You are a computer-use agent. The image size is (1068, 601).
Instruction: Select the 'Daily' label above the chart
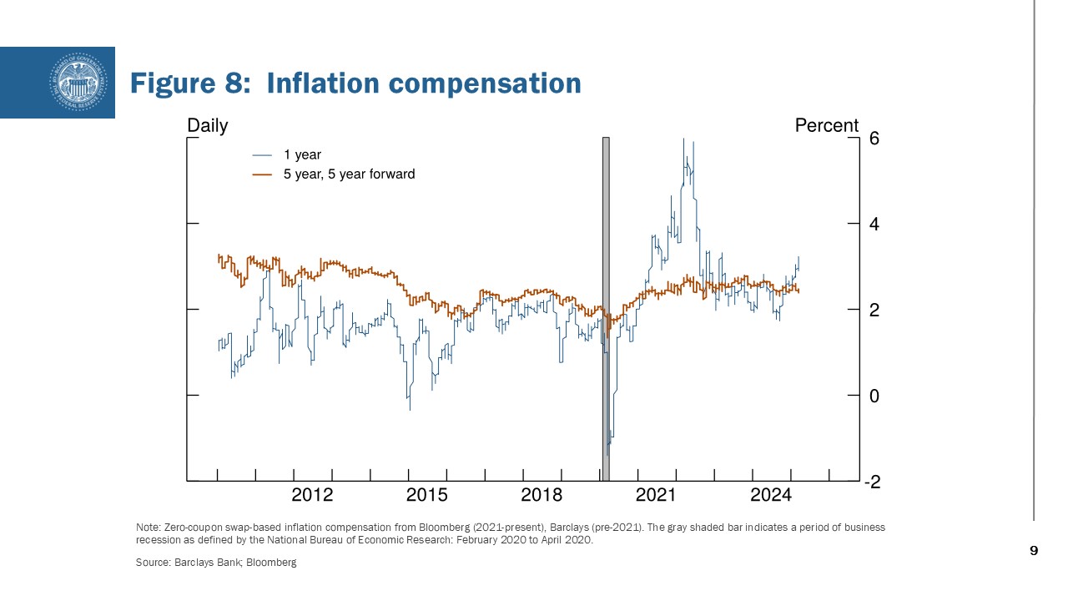coord(207,125)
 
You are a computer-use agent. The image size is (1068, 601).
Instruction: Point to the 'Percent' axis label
coord(826,125)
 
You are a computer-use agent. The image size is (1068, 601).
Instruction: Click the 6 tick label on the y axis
coord(874,139)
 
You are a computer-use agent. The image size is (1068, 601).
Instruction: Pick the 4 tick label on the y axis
coord(874,225)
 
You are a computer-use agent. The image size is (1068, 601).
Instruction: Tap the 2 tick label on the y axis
coord(874,311)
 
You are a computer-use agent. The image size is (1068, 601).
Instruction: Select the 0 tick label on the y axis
coord(874,396)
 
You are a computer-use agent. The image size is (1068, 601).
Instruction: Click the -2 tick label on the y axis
coord(871,482)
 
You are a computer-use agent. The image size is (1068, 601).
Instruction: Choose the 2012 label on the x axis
coord(312,495)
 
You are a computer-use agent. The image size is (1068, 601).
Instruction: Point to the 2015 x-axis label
coord(426,495)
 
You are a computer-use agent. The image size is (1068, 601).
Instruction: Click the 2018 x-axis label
coord(542,495)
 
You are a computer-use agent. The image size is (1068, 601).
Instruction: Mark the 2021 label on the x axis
coord(656,495)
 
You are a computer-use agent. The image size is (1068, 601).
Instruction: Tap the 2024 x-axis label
coord(770,495)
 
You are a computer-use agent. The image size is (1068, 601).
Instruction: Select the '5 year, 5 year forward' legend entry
coord(349,174)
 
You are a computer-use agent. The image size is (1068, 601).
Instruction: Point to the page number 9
coord(1034,550)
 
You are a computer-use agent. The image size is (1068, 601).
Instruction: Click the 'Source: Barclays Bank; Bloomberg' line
coord(216,563)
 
